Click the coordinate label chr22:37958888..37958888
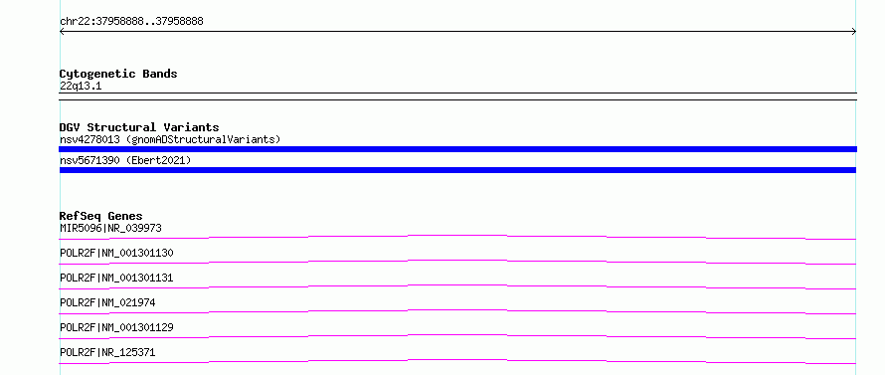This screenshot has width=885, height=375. point(131,22)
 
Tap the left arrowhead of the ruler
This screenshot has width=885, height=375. point(61,32)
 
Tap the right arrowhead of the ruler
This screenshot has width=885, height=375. point(854,32)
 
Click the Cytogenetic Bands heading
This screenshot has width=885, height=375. point(118,74)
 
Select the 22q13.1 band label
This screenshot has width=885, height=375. point(81,87)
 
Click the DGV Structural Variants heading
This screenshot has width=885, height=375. point(139,127)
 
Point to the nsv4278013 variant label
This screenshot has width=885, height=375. point(89,139)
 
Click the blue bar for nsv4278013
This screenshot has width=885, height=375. point(457,149)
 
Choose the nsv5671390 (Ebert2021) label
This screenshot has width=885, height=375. point(125,161)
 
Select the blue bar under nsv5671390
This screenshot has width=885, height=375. point(457,170)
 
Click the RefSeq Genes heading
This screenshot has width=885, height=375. point(101,216)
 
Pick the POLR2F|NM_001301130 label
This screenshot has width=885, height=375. point(116,253)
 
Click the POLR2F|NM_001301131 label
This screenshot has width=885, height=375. point(116,278)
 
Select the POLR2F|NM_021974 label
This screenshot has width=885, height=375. point(107,302)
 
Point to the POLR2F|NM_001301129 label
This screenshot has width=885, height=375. point(116,327)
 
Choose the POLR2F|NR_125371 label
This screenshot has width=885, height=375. point(107,352)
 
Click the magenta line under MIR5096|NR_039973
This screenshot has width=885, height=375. point(457,235)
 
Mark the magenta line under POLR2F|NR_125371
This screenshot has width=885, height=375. point(457,360)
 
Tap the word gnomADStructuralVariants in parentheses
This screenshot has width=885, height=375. point(203,139)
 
